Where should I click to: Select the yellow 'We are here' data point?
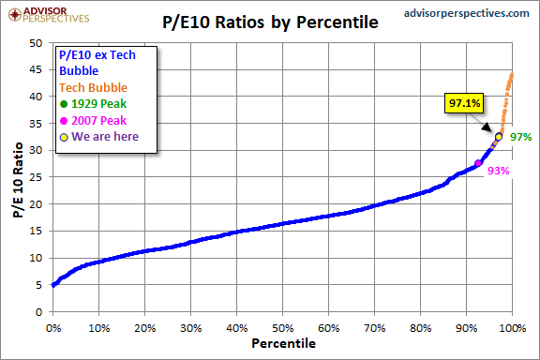click(499, 136)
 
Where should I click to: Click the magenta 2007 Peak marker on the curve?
click(478, 163)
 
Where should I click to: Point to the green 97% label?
click(521, 137)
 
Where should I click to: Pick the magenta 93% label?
click(499, 170)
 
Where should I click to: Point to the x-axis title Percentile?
click(283, 344)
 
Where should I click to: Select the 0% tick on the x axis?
click(52, 328)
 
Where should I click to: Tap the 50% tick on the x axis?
click(282, 328)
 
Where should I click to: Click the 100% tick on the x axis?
click(512, 328)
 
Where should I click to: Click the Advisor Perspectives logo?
click(46, 13)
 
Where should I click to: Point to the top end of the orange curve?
click(512, 74)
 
